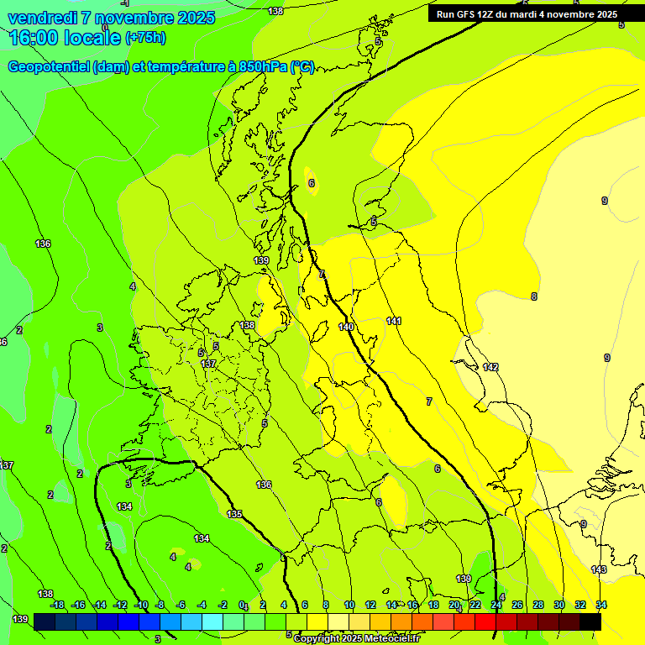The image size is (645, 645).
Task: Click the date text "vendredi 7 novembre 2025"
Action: (x=111, y=18)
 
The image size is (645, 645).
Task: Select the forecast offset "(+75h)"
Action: (x=145, y=38)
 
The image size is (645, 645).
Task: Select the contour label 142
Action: (x=490, y=367)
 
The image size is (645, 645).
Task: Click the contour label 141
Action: (x=394, y=321)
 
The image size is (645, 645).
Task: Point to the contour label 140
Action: (x=346, y=327)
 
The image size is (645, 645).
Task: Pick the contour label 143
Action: (x=599, y=569)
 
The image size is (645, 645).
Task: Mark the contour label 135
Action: (x=234, y=514)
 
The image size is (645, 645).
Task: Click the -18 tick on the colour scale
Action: (x=57, y=605)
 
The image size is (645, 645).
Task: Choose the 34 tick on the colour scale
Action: (x=600, y=605)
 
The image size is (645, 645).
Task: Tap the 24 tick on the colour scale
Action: (x=496, y=605)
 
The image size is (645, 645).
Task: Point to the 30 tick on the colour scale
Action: (x=558, y=605)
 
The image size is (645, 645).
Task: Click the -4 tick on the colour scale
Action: (x=202, y=605)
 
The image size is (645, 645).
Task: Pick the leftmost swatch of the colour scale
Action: (x=45, y=621)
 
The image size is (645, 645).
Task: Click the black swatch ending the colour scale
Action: (x=590, y=621)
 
